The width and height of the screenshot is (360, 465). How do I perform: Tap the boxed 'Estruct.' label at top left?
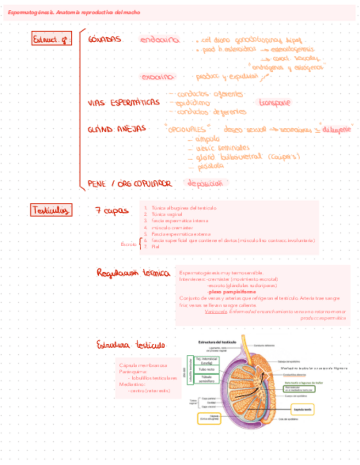pos(51,39)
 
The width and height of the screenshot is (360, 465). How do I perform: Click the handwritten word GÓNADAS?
pos(104,39)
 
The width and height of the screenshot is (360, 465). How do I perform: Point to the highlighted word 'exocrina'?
pos(158,77)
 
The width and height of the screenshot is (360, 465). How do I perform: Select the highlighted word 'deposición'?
pos(207,183)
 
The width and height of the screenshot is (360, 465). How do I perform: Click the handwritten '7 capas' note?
pos(112,211)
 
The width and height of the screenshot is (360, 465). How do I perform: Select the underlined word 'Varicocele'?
pos(215,311)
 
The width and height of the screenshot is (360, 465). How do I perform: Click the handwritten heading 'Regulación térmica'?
pos(133,273)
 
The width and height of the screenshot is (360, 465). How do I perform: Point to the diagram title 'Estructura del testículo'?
pos(216,342)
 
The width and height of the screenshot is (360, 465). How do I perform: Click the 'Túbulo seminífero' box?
pos(207,380)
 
